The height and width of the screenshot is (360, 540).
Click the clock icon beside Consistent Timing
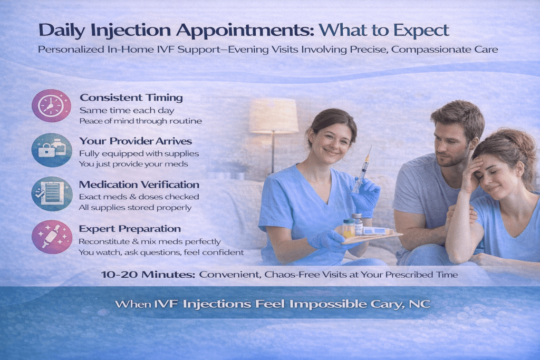pyautogui.click(x=51, y=105)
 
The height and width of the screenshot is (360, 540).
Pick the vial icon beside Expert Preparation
pyautogui.click(x=51, y=237)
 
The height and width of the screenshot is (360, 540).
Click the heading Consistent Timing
pyautogui.click(x=131, y=98)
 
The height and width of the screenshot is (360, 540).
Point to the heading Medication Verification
pyautogui.click(x=139, y=184)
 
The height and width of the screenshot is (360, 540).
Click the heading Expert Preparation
pyautogui.click(x=130, y=229)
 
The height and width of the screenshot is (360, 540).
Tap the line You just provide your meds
pyautogui.click(x=133, y=164)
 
